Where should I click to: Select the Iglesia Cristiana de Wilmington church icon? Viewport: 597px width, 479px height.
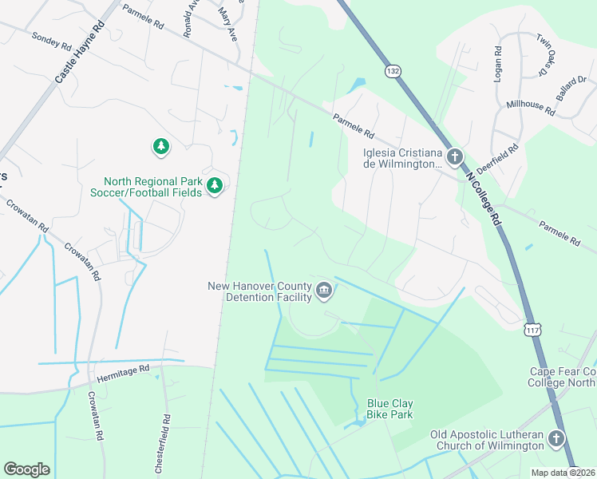point(455,156)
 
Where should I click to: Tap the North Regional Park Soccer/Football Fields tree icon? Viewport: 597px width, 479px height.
point(214,186)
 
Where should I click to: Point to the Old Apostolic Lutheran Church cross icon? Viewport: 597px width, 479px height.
point(555,438)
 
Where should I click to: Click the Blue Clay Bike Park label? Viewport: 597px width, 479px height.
point(389,410)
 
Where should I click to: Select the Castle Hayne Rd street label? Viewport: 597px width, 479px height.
point(80,53)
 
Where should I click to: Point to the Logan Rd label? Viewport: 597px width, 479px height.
point(497,61)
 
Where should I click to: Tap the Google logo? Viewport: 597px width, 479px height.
point(26,469)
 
